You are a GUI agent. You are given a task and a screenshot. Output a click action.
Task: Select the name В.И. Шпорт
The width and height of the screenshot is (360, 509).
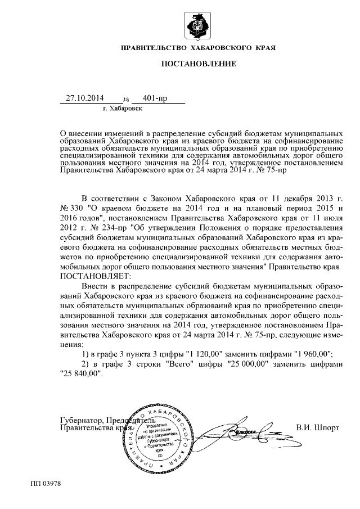(x=317, y=427)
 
